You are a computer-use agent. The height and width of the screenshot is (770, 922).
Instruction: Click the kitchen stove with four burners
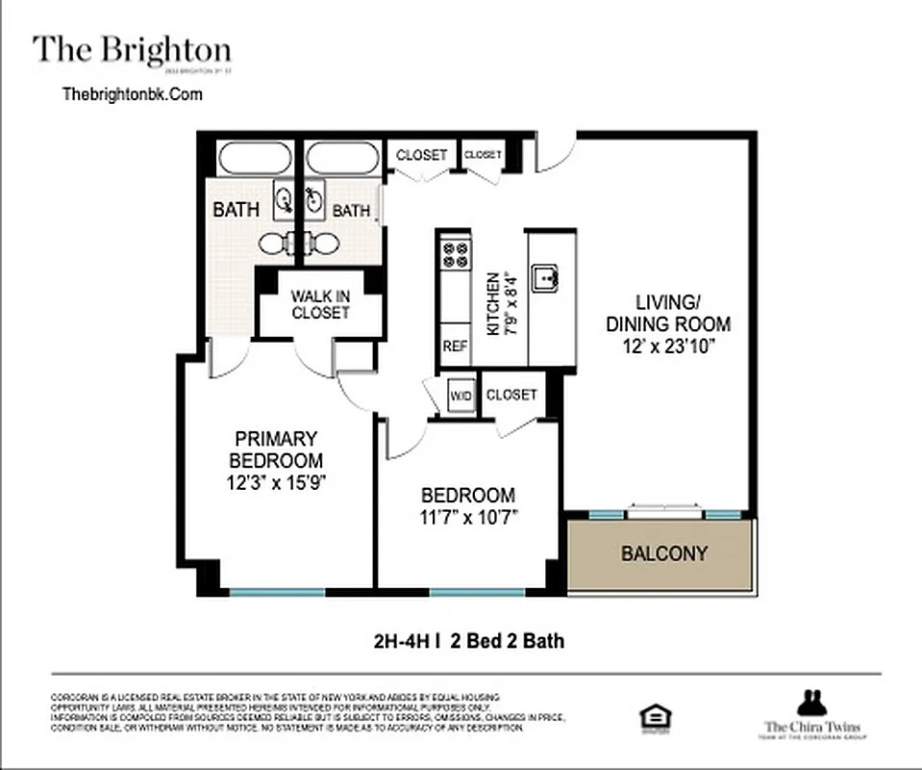[x=455, y=255]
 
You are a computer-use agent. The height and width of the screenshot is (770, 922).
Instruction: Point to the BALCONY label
[x=663, y=553]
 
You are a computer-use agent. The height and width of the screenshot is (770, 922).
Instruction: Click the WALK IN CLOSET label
[x=320, y=304]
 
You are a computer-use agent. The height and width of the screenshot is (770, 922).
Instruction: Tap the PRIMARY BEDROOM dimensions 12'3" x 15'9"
[x=275, y=483]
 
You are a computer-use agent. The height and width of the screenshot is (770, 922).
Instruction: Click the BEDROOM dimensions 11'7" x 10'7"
[x=468, y=518]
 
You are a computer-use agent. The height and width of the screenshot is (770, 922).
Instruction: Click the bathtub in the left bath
[x=254, y=158]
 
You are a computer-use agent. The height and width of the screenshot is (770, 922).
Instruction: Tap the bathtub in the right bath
[x=343, y=158]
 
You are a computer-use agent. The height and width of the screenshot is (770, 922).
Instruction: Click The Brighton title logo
[x=132, y=50]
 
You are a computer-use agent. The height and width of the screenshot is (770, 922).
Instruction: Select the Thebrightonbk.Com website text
[x=132, y=94]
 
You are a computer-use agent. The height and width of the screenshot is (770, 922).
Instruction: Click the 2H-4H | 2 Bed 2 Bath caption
[x=467, y=639]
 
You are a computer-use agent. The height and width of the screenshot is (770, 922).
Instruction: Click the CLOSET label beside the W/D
[x=511, y=395]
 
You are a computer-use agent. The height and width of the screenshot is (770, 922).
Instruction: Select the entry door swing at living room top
[x=556, y=152]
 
